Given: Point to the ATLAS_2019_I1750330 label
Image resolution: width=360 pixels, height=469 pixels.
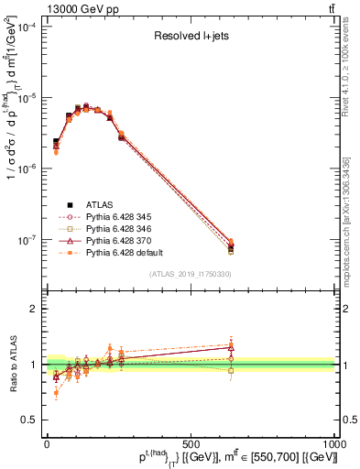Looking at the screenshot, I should coord(191,274).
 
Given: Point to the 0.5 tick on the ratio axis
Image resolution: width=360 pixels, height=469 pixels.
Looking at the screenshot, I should coord(29,420).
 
